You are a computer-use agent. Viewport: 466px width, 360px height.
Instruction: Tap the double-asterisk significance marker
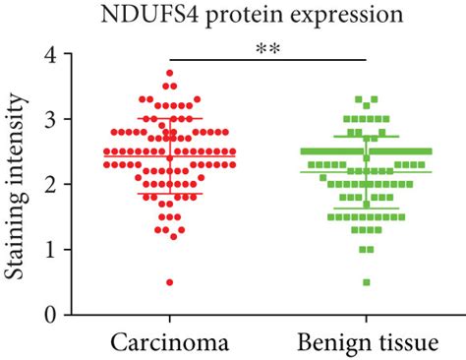coord(268,47)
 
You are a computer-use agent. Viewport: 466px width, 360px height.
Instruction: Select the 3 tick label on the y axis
coord(35,119)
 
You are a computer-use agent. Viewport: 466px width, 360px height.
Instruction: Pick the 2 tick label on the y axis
coord(35,184)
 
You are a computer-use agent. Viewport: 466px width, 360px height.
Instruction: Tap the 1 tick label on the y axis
coord(35,249)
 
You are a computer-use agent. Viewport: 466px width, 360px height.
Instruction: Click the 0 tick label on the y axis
coord(35,315)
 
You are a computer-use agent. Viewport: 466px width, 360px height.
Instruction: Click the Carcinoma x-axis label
coord(169,342)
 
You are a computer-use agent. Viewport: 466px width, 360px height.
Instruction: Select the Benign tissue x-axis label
coord(365,342)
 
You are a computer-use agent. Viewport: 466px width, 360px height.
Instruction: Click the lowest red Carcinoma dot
coord(170,282)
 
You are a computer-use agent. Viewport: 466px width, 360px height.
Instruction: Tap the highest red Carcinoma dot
coord(170,73)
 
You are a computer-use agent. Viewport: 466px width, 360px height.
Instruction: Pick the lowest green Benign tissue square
coord(366,282)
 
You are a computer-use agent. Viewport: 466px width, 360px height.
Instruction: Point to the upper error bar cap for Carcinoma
coord(170,119)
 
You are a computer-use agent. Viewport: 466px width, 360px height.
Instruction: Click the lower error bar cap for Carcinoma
coord(170,195)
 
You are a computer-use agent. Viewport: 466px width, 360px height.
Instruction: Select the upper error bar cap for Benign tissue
coord(366,137)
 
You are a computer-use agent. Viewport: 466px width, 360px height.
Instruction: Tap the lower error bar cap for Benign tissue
coord(366,209)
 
